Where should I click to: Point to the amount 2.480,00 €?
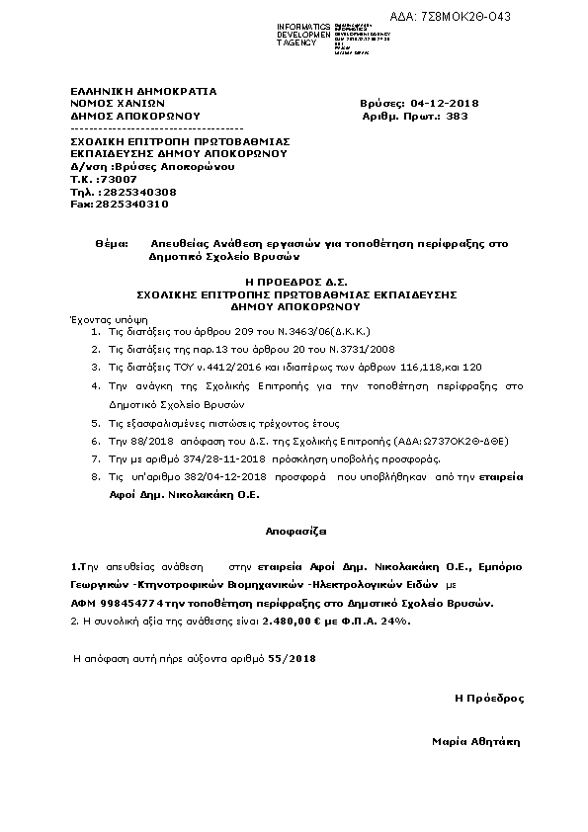(293, 621)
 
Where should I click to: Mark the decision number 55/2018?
(292, 657)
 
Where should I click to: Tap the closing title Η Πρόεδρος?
(489, 698)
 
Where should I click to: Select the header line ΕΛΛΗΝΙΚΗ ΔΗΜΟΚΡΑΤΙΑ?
(143, 90)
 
